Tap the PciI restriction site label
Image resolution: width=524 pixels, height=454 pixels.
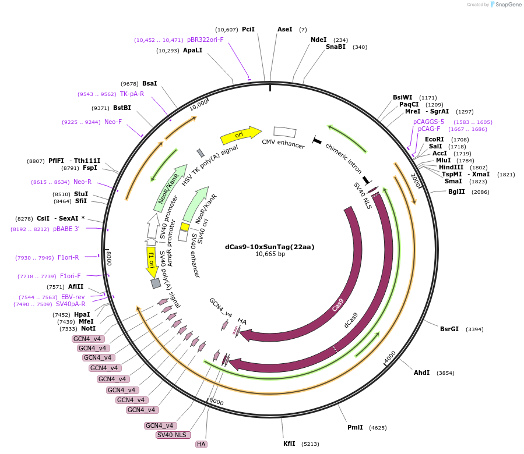click(x=248, y=29)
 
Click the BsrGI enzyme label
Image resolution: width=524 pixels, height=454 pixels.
click(x=449, y=329)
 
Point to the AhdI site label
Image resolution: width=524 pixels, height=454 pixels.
click(x=421, y=373)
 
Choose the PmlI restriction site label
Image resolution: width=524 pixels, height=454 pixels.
click(x=355, y=427)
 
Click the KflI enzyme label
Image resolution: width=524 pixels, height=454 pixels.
click(x=289, y=444)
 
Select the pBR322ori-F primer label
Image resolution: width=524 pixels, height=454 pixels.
click(x=205, y=40)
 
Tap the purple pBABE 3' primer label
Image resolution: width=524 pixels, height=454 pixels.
click(x=66, y=229)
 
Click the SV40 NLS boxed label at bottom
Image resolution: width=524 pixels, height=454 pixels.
click(x=172, y=435)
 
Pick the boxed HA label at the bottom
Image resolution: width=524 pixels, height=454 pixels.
click(x=201, y=444)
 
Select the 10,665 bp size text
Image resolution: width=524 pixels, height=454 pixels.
click(x=270, y=254)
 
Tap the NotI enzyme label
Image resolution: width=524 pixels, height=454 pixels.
click(x=88, y=329)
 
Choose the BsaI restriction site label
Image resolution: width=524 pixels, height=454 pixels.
click(x=150, y=83)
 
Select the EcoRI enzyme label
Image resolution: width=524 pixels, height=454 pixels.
click(x=434, y=139)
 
